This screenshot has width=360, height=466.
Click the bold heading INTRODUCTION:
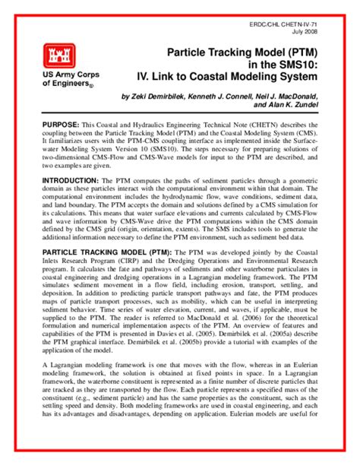point(71,180)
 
